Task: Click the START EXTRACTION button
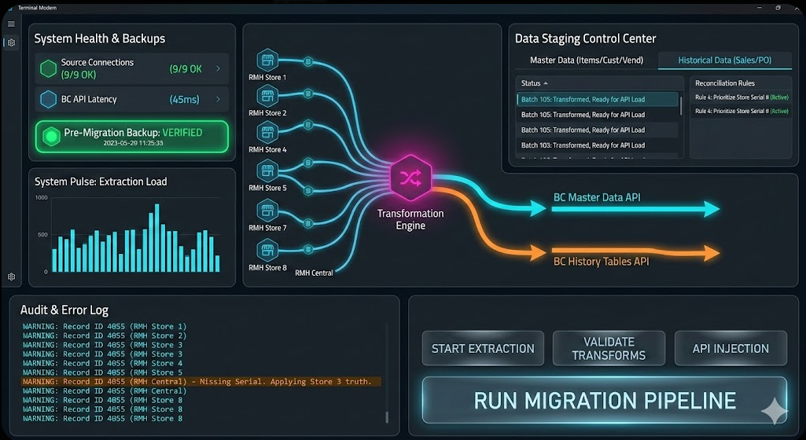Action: (483, 348)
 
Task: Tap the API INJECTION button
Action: (731, 348)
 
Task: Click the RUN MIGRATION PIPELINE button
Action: (604, 400)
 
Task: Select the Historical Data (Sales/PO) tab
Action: (724, 60)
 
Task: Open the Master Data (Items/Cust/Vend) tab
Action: (586, 60)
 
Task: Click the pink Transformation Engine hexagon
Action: (410, 179)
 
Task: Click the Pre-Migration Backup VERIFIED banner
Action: (132, 137)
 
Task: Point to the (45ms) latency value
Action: (185, 100)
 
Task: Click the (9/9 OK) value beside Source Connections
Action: (186, 69)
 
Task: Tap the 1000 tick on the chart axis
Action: (41, 197)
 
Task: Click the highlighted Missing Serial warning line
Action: (201, 382)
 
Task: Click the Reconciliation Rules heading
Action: (725, 83)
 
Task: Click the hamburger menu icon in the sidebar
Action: (11, 24)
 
